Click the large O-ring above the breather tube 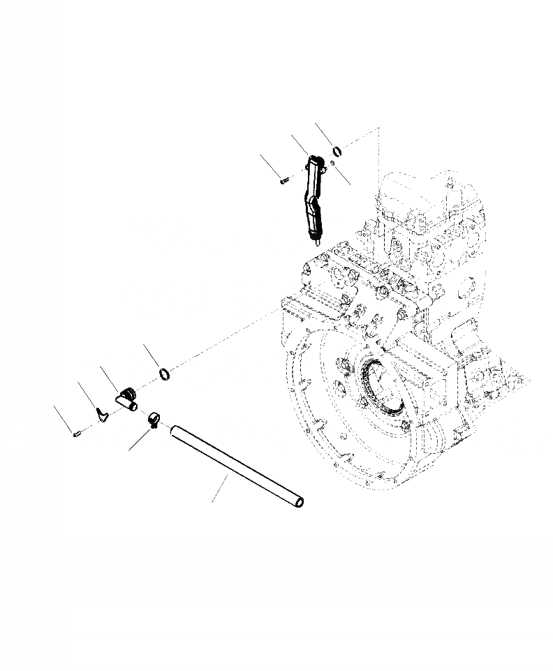(x=337, y=152)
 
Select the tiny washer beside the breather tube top (x=333, y=164)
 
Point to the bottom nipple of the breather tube (x=318, y=244)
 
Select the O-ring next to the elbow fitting (x=166, y=376)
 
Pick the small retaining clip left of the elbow (x=102, y=417)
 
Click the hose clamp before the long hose (x=156, y=421)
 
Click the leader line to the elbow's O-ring (x=153, y=356)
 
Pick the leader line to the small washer (x=341, y=174)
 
